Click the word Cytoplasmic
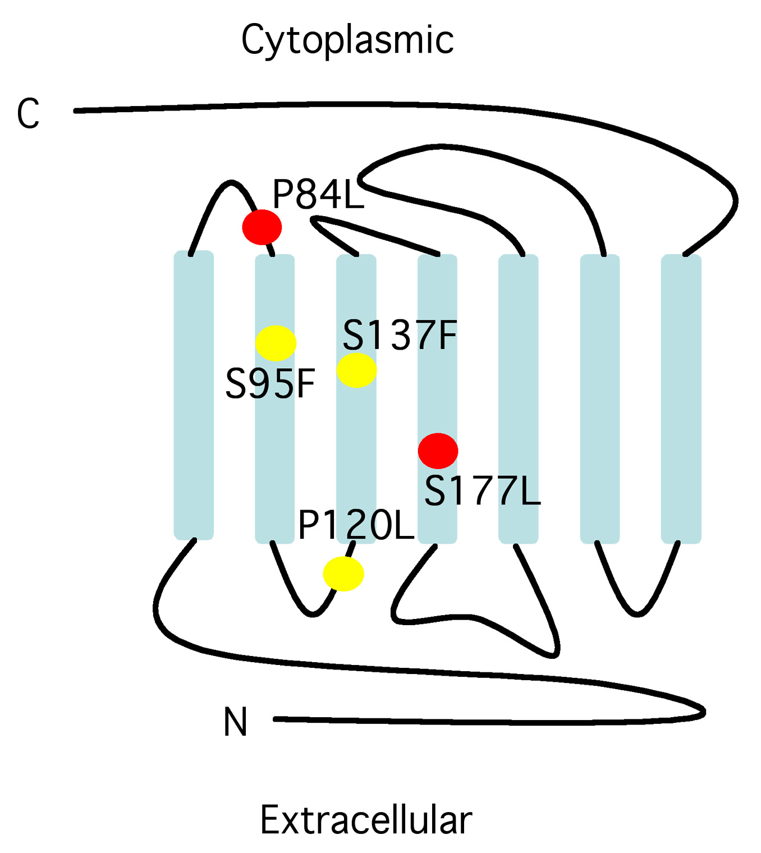pos(347,40)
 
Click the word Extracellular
pos(366,820)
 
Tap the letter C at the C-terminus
pos(29,113)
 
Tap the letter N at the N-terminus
pos(235,722)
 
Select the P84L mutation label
pos(318,195)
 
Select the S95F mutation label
pos(270,384)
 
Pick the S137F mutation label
pos(400,336)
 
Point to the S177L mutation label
pos(482,491)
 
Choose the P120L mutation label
pos(356,526)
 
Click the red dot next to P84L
pos(262,227)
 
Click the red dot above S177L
pos(438,451)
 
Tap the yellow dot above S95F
pos(276,343)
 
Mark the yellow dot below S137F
pos(357,370)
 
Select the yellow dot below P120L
pos(343,574)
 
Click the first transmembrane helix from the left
pos(194,396)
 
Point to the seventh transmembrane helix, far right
pos(681,398)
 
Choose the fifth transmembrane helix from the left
pos(519,398)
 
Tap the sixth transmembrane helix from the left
pos(600,398)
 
